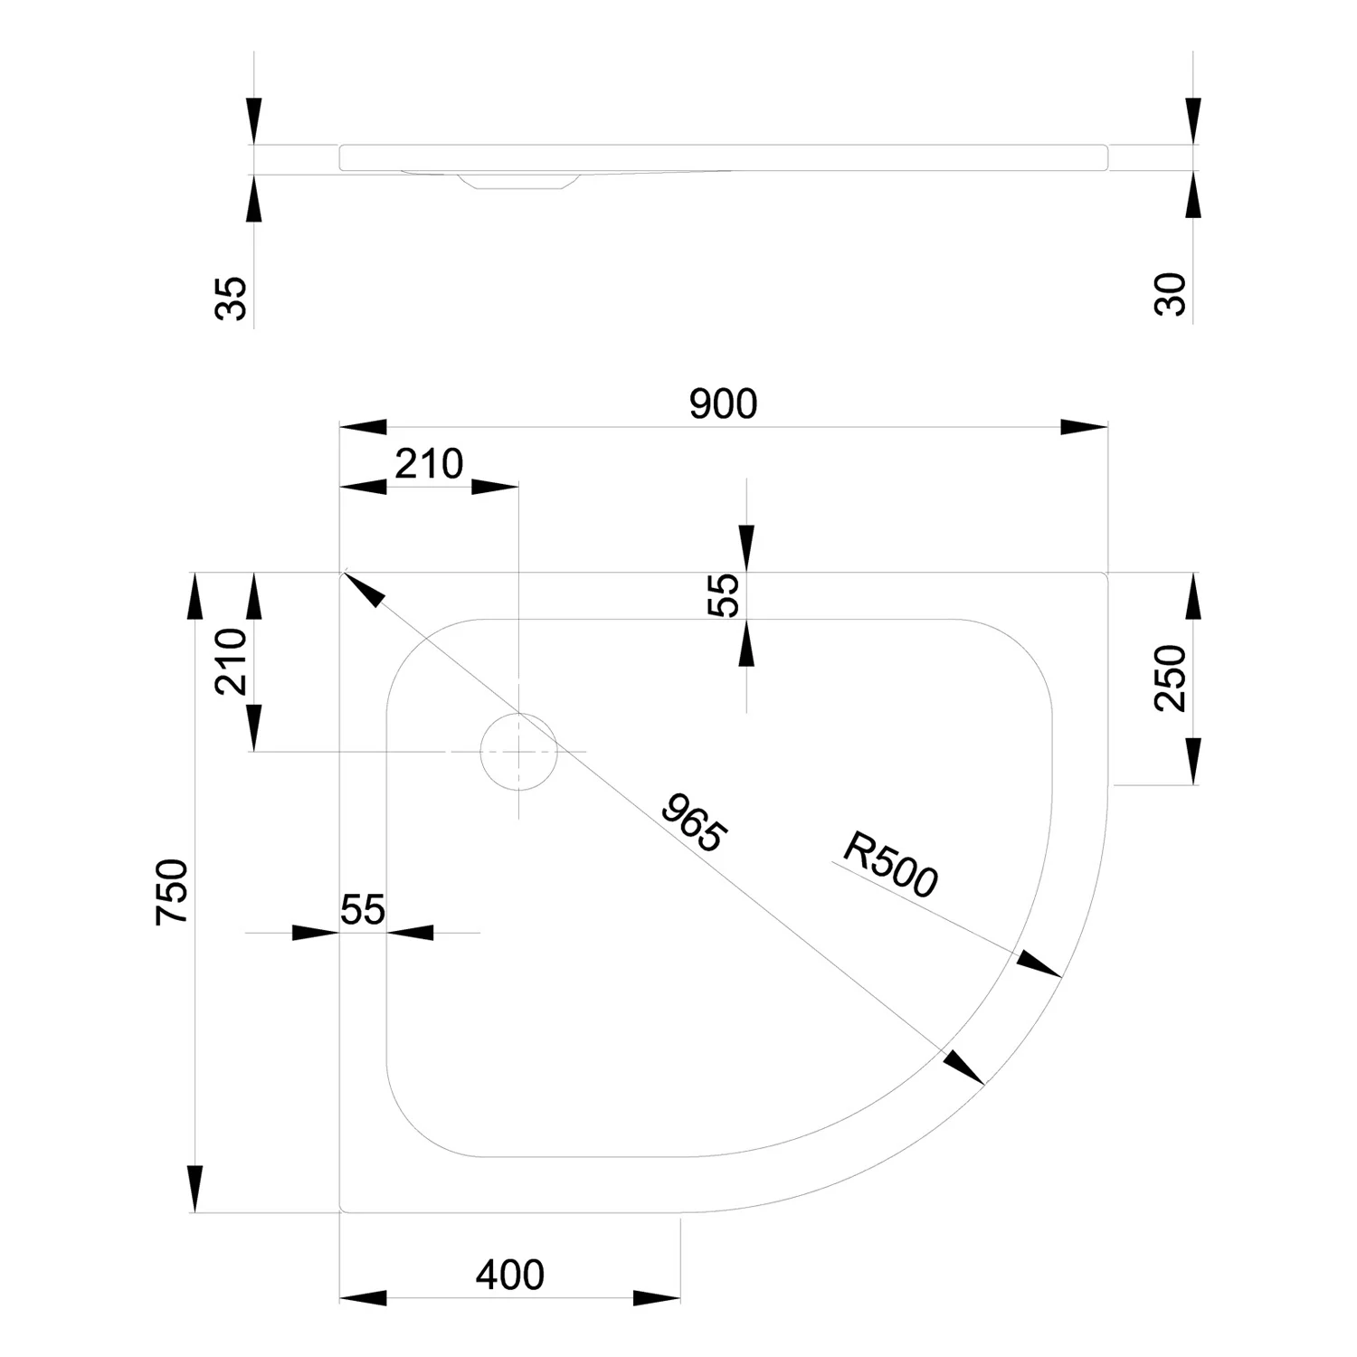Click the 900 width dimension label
coord(723,404)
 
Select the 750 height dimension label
coord(173,892)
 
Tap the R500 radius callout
coord(890,866)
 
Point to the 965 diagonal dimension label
coord(692,822)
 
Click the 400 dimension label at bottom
coord(510,1275)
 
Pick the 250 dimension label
coord(1171,678)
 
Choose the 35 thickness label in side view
coord(232,299)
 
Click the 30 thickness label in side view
coord(1171,294)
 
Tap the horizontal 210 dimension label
coord(430,464)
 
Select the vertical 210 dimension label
coord(231,661)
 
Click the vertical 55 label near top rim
coord(724,595)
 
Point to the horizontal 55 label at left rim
coord(363,909)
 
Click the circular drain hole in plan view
coord(518,751)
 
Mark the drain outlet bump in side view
coord(516,181)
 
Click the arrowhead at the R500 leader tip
coord(1039,964)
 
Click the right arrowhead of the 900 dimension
coord(1084,427)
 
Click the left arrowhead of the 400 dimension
coord(363,1298)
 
